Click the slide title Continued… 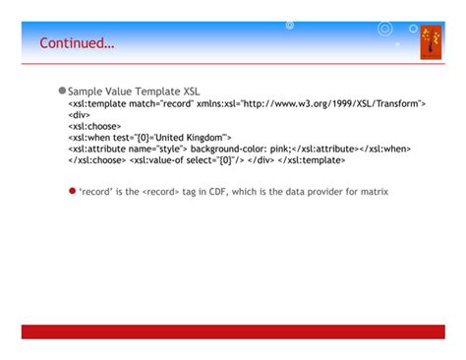(x=77, y=43)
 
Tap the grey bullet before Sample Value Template (x=61, y=90)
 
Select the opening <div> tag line (x=79, y=114)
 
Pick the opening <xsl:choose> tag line (x=94, y=126)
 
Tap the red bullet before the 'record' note (x=72, y=191)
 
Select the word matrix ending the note (x=374, y=192)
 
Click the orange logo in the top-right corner (x=431, y=42)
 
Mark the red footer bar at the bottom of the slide (x=233, y=331)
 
